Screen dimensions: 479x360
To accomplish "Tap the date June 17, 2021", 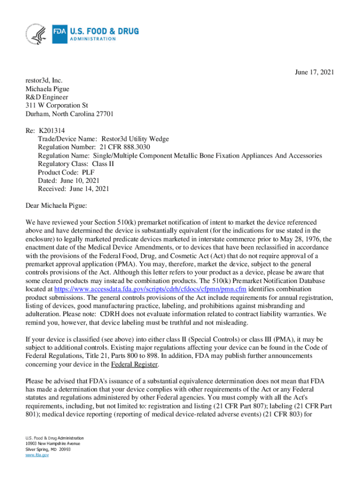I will click(314, 72).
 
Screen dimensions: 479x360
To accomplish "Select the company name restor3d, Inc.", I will click(44, 80).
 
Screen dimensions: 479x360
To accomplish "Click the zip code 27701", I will click(102, 114).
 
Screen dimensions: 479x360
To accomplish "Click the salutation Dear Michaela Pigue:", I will click(57, 205).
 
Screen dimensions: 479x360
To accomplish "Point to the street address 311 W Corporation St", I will click(57, 106).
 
